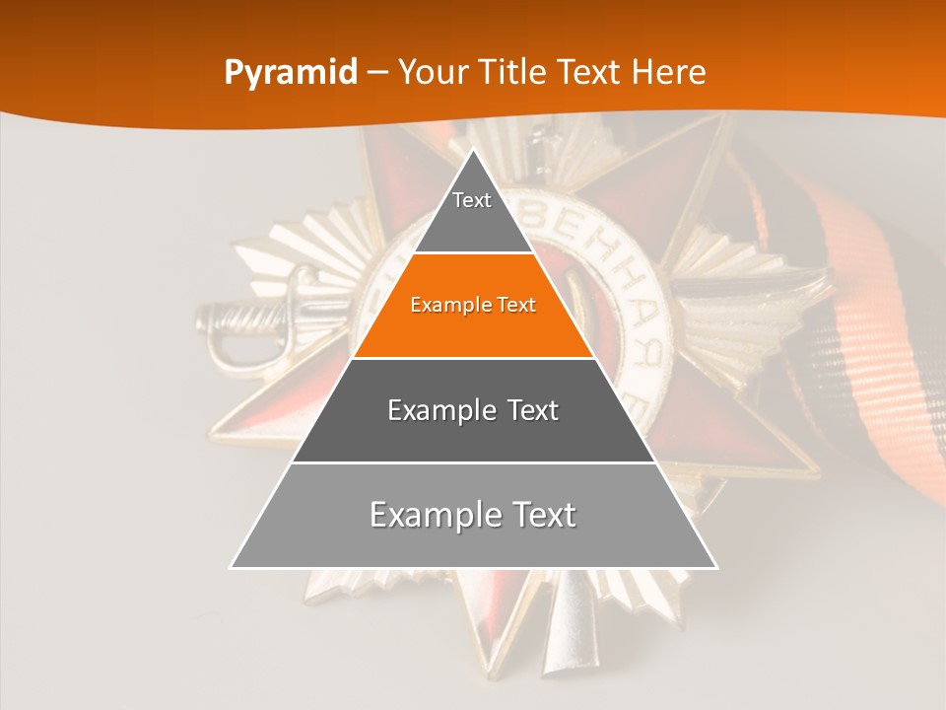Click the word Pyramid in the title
pos(291,73)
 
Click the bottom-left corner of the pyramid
pos(233,567)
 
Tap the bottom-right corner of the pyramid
pos(715,567)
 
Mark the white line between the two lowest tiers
pos(473,462)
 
